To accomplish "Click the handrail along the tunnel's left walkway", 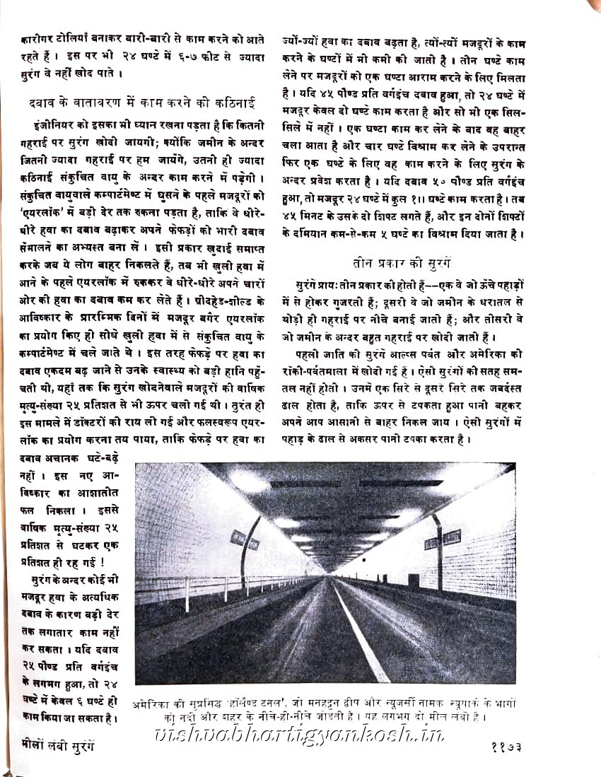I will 212,584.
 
